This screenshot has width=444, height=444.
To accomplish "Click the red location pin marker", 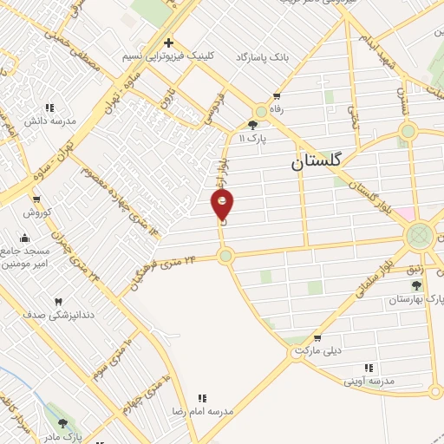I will [223, 206].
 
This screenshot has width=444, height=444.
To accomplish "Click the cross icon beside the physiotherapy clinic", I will [169, 42].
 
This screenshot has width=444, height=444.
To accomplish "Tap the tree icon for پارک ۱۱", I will [252, 125].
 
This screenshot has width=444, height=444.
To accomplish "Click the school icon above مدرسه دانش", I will [49, 108].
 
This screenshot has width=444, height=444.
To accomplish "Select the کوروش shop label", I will [37, 212].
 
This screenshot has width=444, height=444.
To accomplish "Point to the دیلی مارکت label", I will [317, 351].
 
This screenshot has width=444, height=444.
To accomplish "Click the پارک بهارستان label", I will [409, 299].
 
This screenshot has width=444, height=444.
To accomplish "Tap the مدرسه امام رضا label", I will [203, 411].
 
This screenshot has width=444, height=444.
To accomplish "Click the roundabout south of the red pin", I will [225, 256].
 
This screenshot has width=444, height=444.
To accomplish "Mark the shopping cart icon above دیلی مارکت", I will [317, 338].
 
